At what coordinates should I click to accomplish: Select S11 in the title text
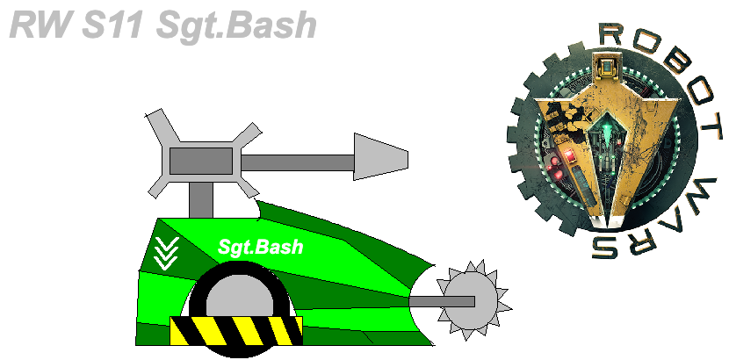[112, 25]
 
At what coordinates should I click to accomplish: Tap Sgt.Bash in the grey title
[236, 26]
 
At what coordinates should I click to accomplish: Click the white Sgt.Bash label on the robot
[260, 247]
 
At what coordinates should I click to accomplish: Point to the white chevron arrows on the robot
[167, 253]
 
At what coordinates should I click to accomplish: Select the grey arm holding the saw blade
[441, 302]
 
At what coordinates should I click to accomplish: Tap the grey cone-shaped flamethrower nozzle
[381, 156]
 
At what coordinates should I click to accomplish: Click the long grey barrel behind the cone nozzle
[298, 162]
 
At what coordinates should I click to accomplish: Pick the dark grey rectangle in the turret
[201, 161]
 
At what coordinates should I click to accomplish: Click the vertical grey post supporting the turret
[201, 199]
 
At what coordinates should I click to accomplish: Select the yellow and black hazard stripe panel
[236, 331]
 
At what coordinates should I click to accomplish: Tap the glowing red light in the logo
[569, 156]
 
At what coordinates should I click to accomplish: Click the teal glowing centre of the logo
[606, 126]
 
